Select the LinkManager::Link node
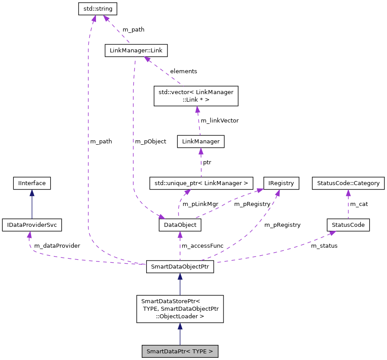[136, 51]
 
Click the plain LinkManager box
[200, 142]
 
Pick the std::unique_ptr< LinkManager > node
[201, 182]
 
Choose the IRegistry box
[281, 182]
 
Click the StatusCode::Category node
[348, 182]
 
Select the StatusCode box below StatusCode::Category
[348, 225]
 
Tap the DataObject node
[180, 225]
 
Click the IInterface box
[32, 182]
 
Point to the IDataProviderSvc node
[32, 225]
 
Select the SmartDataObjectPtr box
[180, 267]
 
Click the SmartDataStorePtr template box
[180, 309]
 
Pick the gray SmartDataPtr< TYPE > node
[180, 352]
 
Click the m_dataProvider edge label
[57, 245]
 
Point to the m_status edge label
[324, 245]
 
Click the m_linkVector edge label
[219, 120]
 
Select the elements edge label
[184, 71]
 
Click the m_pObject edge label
[151, 141]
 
